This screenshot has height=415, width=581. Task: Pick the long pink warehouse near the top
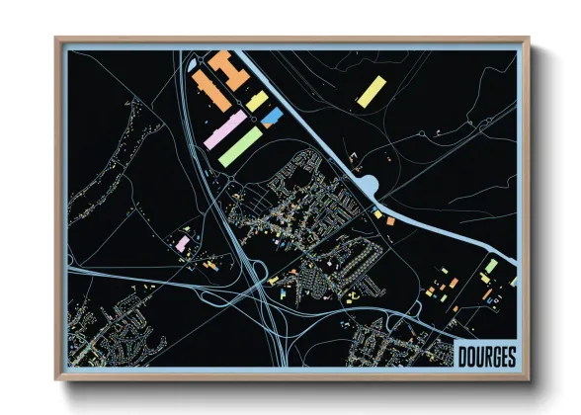(x=225, y=129)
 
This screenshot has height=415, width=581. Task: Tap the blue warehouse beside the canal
(x=270, y=118)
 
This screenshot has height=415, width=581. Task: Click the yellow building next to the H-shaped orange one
(x=257, y=101)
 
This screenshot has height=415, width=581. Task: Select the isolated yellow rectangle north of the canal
(x=369, y=91)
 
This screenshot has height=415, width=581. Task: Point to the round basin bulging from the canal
(x=371, y=185)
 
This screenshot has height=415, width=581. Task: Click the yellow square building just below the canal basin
(x=377, y=211)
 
